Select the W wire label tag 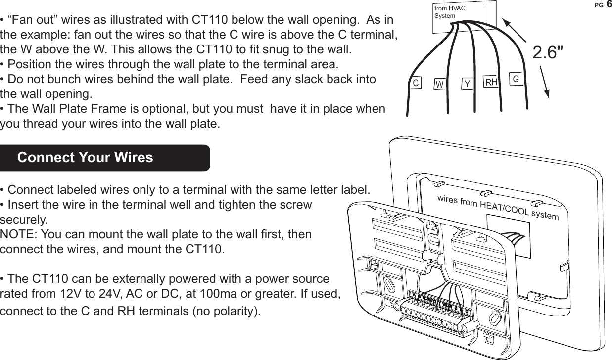(x=438, y=85)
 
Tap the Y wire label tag (x=466, y=84)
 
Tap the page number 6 (x=609, y=4)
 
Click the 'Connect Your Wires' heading (x=85, y=158)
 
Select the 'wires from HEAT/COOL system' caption (x=498, y=208)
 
